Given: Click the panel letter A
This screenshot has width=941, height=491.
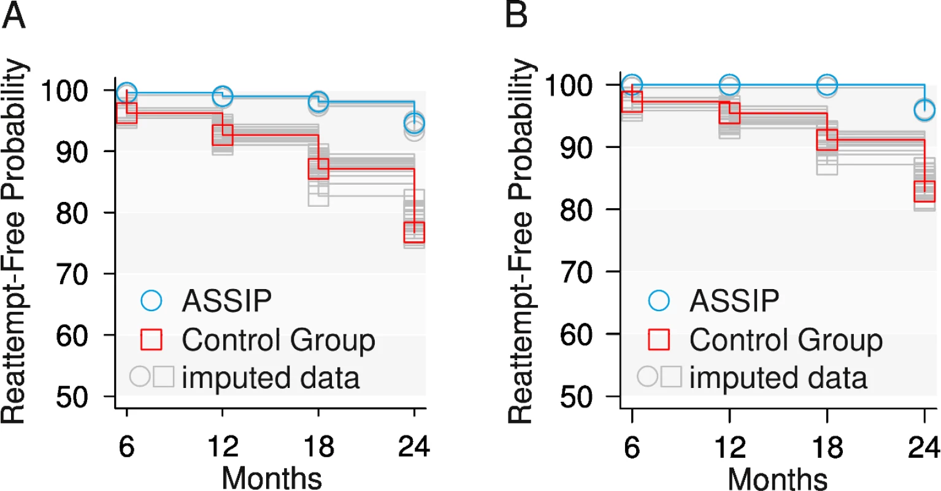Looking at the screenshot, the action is tap(14, 15).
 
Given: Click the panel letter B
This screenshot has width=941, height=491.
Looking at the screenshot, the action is tap(516, 15).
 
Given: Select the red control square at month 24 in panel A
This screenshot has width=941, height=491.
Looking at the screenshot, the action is tap(414, 222).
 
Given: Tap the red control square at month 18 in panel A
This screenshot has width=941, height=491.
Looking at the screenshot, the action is tap(318, 159).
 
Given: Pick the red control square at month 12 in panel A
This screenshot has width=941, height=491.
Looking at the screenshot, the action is tap(222, 125).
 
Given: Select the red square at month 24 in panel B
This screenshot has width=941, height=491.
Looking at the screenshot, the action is tap(924, 182).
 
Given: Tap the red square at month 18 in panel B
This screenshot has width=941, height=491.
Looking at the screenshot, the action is tap(827, 130).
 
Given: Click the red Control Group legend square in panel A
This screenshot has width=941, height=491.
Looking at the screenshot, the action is tap(152, 330).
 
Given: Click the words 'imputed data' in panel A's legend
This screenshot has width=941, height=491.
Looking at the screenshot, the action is tap(271, 377).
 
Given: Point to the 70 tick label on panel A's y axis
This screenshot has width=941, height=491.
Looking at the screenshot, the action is tap(72, 275).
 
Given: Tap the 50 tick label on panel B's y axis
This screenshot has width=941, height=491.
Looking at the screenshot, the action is tap(576, 396).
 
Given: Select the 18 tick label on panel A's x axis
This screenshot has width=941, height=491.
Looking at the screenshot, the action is tap(318, 446).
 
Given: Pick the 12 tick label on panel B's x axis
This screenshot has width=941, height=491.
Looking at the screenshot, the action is tap(730, 447).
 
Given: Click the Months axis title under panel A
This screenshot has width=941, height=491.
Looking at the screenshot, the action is tap(272, 478).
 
